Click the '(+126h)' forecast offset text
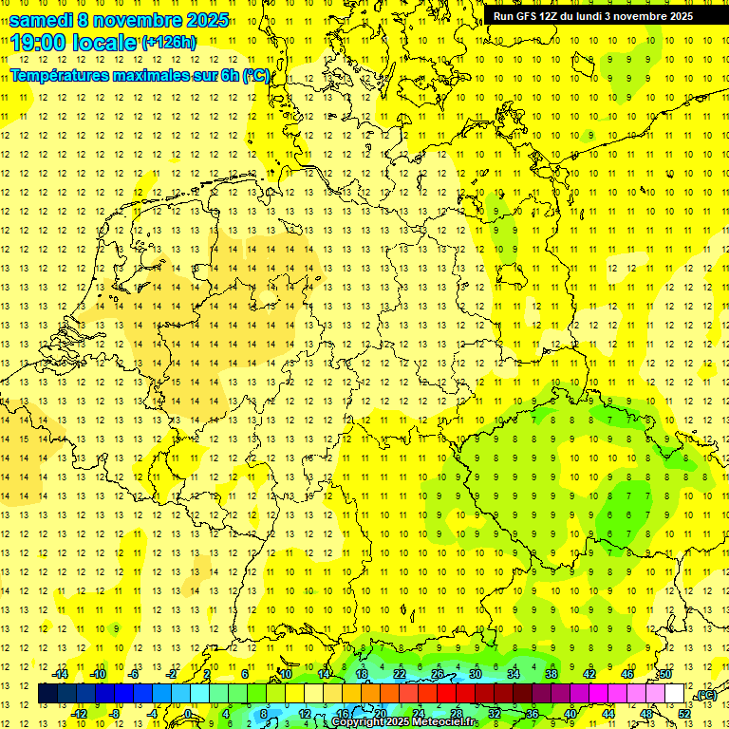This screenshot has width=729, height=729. click(169, 42)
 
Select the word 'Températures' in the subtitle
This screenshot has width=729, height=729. click(57, 75)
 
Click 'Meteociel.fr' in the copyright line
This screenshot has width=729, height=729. click(444, 722)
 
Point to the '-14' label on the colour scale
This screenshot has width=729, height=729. click(61, 674)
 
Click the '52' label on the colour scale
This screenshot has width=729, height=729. click(684, 713)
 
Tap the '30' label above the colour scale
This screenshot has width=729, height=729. click(475, 674)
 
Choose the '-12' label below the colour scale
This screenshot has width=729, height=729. click(80, 713)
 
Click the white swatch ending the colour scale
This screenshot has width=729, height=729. click(675, 694)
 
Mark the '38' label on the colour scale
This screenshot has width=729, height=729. click(551, 674)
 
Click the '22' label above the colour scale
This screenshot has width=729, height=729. click(399, 674)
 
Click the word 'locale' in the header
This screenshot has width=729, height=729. click(101, 42)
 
